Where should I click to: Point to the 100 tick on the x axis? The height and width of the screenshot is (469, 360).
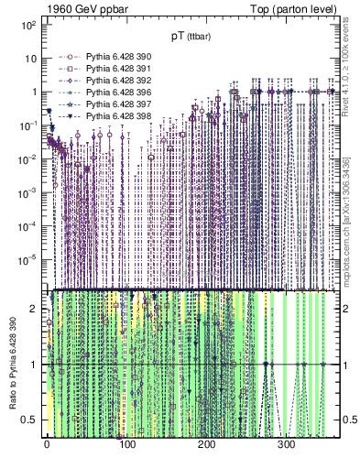(127, 445)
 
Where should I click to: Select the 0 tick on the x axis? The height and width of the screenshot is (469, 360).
(47, 445)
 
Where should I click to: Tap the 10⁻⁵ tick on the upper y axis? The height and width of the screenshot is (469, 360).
(27, 259)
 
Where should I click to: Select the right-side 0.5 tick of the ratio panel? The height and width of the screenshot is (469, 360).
(346, 420)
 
